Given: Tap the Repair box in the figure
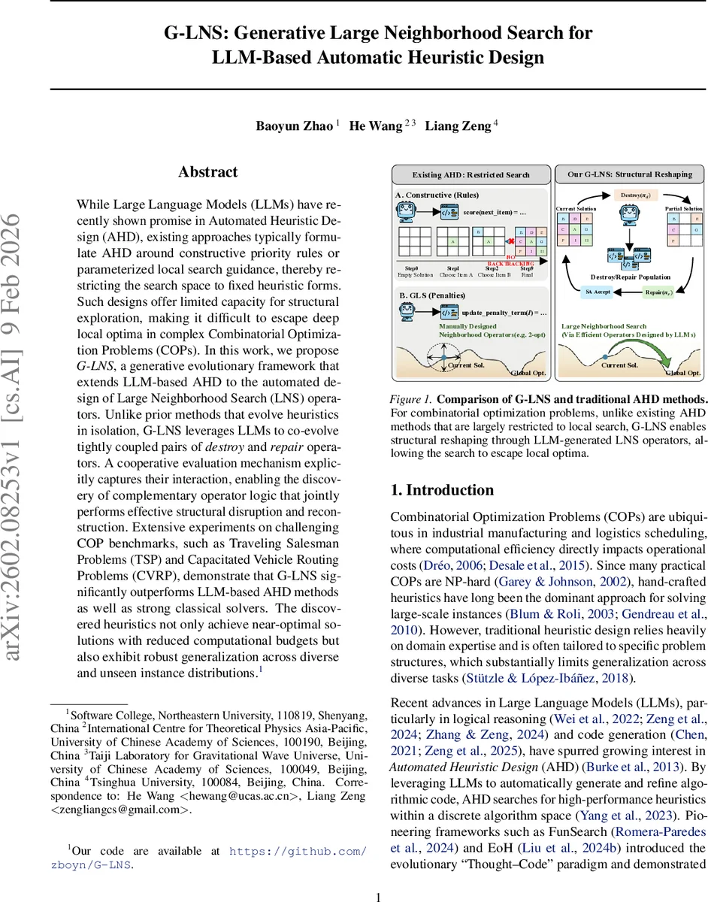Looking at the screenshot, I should coord(660,291).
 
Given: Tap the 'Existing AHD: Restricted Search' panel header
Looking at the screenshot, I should coord(470,174).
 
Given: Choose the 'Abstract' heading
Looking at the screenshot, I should coord(208,172).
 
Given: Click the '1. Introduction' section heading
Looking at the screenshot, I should coord(442,490).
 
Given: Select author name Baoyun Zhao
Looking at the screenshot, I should coord(295,126).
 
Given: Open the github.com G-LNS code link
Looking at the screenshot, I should coord(298,851).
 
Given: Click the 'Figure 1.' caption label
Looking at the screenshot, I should coord(411,398).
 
